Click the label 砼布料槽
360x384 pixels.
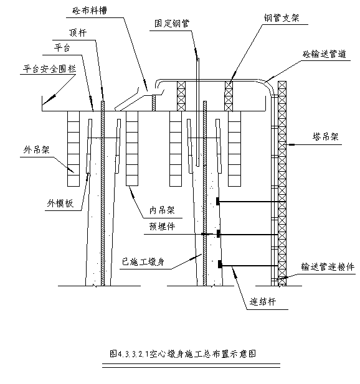(90, 11)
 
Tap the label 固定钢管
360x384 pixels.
(172, 24)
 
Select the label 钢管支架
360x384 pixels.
(282, 18)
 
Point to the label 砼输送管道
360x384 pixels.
(324, 54)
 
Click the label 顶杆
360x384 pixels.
(78, 32)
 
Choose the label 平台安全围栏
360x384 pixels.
(49, 69)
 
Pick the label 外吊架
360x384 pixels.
(37, 149)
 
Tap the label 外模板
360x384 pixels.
(60, 203)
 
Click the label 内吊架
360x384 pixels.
(162, 210)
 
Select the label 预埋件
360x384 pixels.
(162, 227)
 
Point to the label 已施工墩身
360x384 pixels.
(143, 262)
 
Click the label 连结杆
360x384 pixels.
(263, 302)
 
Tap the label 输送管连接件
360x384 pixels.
(328, 267)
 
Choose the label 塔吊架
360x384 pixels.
(326, 136)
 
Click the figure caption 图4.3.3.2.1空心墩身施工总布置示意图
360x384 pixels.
(183, 354)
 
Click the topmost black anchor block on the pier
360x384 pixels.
(217, 201)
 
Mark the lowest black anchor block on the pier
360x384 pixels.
(220, 264)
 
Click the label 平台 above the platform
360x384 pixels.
(62, 47)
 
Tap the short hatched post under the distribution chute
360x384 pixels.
(154, 103)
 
